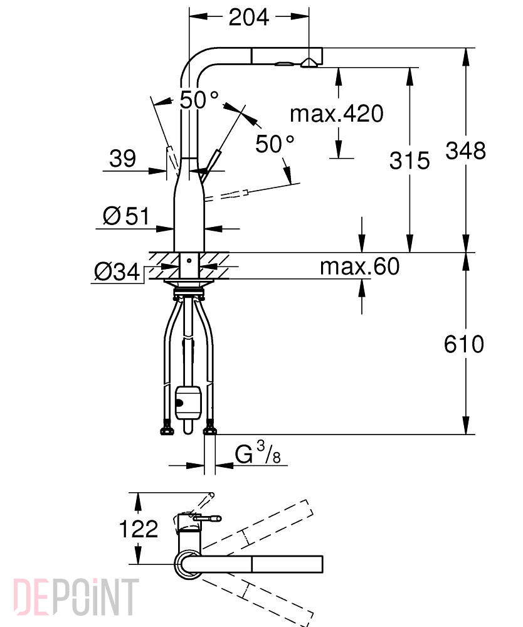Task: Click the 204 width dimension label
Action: click(x=248, y=17)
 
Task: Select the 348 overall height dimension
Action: click(x=466, y=150)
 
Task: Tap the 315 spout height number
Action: click(x=409, y=161)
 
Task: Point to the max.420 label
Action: click(x=337, y=113)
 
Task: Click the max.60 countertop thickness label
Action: click(x=359, y=266)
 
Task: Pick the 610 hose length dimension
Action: click(x=464, y=344)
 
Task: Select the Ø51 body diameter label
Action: click(x=126, y=216)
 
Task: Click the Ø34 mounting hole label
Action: click(x=117, y=272)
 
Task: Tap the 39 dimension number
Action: click(x=122, y=159)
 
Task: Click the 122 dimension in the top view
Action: click(x=139, y=529)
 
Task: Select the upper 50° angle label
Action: click(x=199, y=100)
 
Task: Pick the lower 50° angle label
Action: click(x=275, y=144)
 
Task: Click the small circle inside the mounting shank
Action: click(x=189, y=261)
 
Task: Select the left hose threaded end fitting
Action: click(x=167, y=428)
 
